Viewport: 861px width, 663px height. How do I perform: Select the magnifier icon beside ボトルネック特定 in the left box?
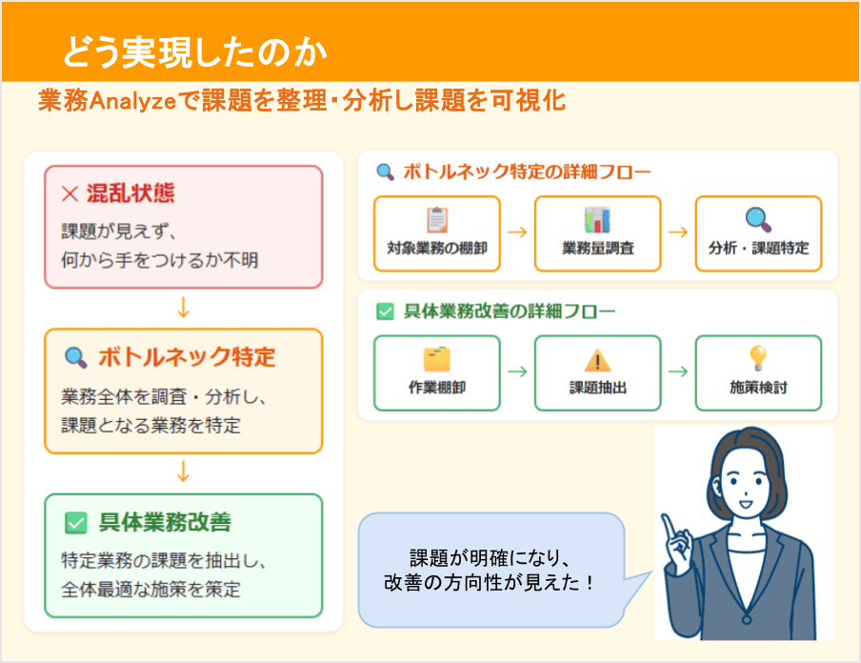point(74,358)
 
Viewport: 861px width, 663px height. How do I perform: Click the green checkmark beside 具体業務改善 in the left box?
point(75,523)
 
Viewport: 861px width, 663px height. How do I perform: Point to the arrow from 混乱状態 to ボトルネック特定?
point(184,308)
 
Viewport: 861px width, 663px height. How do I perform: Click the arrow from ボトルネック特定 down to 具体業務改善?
point(184,472)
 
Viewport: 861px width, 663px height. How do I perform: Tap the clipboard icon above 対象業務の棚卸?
point(437,220)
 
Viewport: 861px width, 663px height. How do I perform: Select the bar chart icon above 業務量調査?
point(597,220)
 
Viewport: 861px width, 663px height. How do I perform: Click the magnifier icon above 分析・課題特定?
point(758,220)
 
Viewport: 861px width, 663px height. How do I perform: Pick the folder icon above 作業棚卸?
point(437,359)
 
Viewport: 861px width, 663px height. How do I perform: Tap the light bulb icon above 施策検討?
point(758,358)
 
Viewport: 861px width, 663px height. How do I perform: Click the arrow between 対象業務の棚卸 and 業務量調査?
point(517,231)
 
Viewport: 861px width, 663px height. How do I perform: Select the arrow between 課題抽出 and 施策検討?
point(678,372)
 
